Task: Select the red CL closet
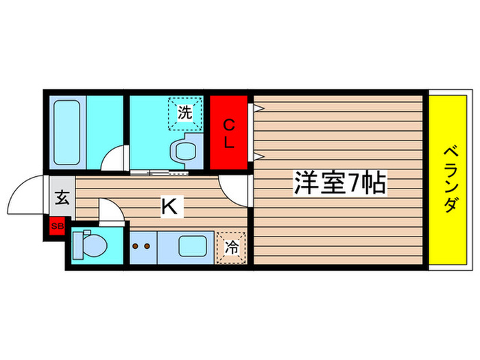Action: tap(229, 134)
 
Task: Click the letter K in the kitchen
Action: tap(168, 206)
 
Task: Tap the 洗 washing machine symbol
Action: tap(184, 113)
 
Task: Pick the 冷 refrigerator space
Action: tap(232, 248)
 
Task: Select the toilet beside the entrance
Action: tap(90, 243)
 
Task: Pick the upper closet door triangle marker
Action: tap(259, 108)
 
